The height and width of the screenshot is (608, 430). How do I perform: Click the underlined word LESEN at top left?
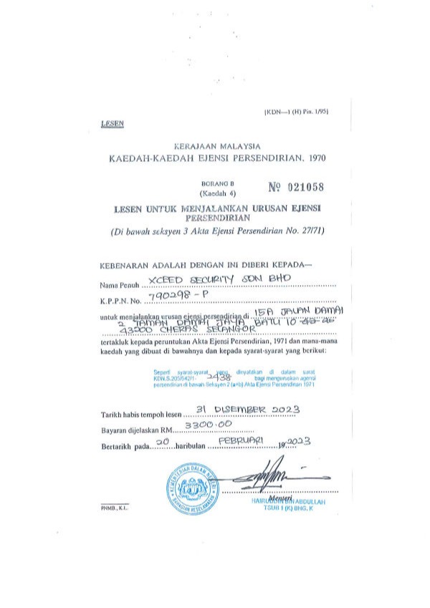pos(113,123)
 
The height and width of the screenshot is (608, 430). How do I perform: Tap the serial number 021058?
pos(297,188)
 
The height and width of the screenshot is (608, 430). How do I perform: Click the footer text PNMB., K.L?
pos(113,508)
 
